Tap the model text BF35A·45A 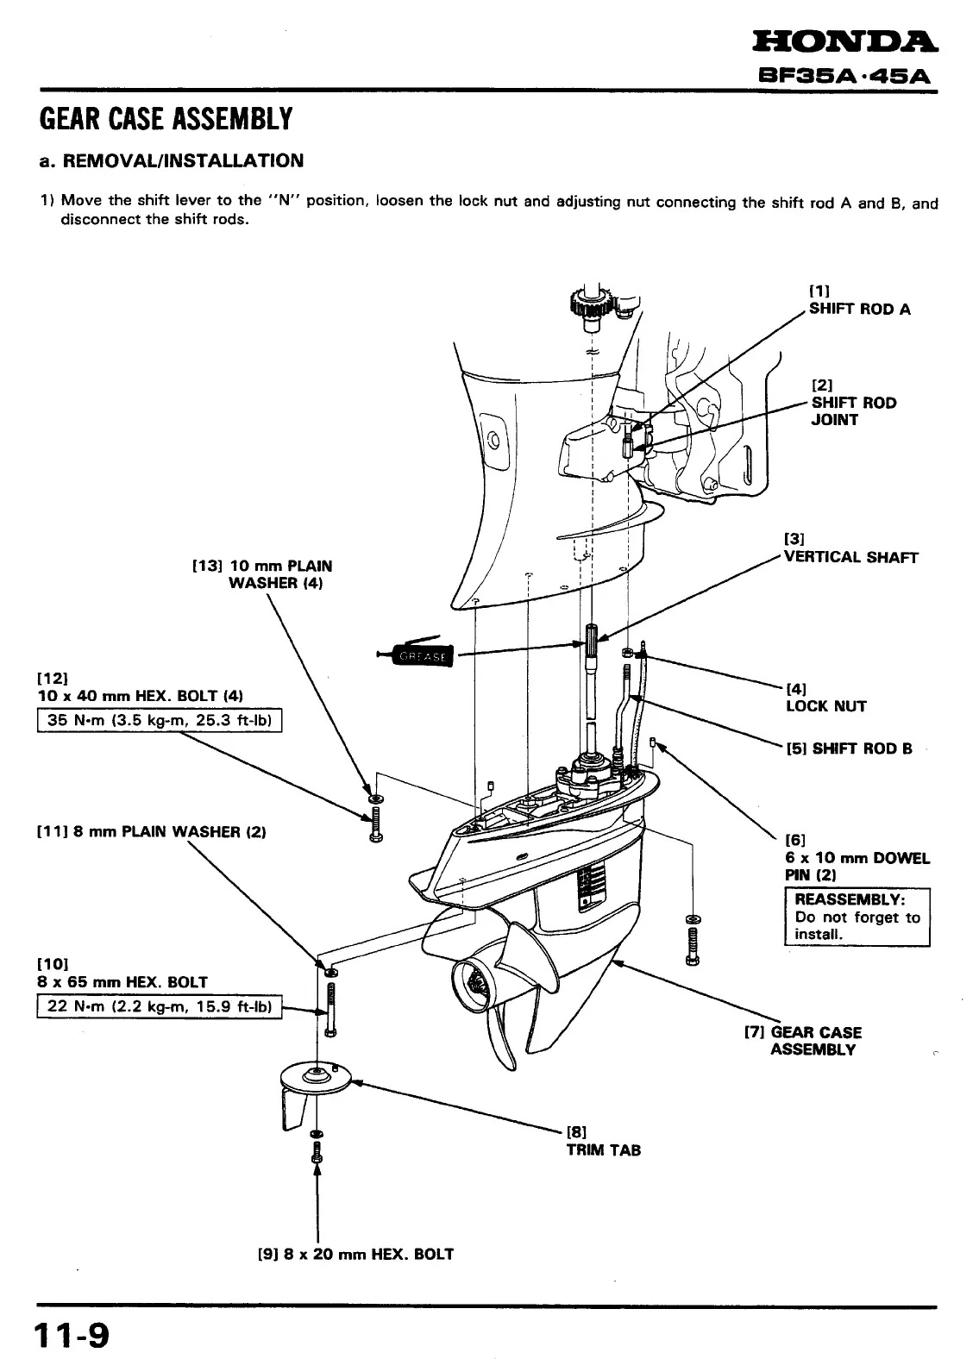pyautogui.click(x=846, y=75)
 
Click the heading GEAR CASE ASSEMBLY pyautogui.click(x=166, y=119)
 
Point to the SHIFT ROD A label pyautogui.click(x=859, y=309)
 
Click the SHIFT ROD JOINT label pyautogui.click(x=854, y=411)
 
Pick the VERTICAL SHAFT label pyautogui.click(x=850, y=557)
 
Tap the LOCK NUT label pyautogui.click(x=825, y=706)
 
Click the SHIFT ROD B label pyautogui.click(x=849, y=748)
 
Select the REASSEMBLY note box pyautogui.click(x=857, y=917)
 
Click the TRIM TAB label pyautogui.click(x=603, y=1149)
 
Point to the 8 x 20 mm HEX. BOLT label pyautogui.click(x=355, y=1254)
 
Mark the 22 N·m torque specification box pyautogui.click(x=160, y=1006)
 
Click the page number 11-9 pyautogui.click(x=72, y=1337)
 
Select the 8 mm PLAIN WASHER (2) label pyautogui.click(x=151, y=832)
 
